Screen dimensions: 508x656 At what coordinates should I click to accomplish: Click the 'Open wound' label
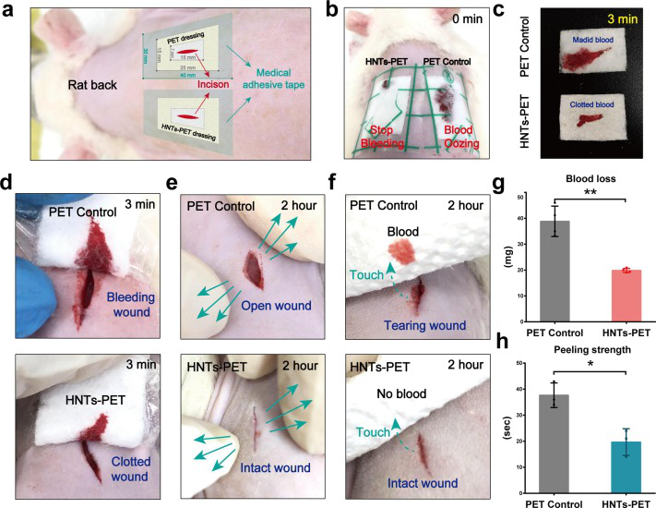[x=281, y=280]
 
